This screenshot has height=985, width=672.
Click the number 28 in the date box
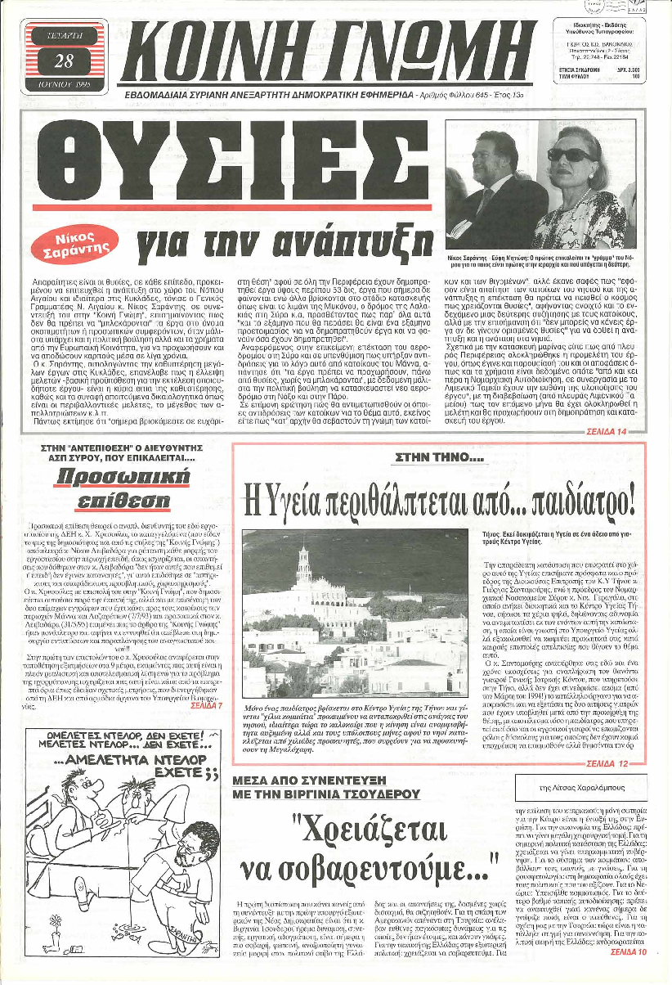(64, 61)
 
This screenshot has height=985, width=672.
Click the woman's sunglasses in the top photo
(571, 155)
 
